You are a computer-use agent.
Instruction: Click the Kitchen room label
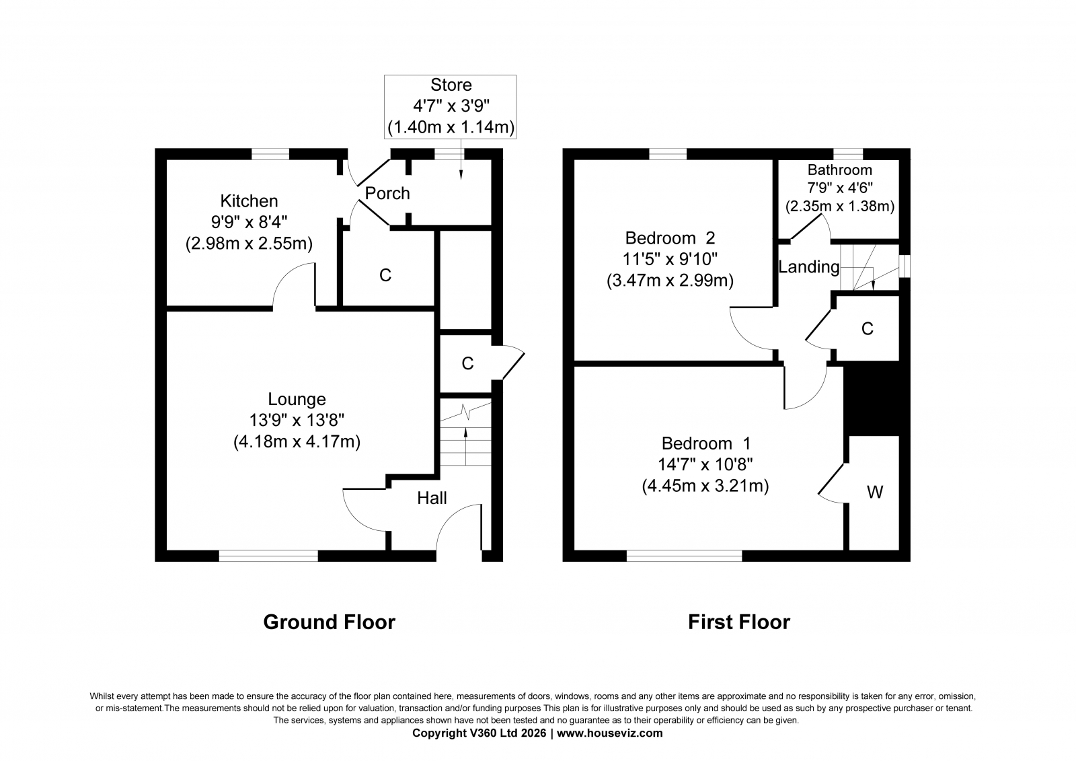249,201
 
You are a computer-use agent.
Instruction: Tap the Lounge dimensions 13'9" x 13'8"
297,421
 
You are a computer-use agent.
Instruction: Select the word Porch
387,193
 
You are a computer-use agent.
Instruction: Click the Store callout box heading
451,85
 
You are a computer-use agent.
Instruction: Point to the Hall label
432,498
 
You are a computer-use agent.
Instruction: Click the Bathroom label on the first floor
840,170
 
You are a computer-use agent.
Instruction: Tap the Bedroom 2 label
670,238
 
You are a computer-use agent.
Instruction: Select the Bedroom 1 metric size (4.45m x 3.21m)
705,486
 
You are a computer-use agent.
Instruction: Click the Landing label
809,267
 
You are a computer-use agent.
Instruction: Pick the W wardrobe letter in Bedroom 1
875,492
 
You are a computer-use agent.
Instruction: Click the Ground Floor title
329,622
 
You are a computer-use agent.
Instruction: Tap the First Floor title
739,622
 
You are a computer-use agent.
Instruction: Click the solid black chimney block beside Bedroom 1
872,400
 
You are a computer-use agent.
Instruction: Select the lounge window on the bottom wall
268,556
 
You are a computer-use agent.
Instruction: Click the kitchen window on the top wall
270,154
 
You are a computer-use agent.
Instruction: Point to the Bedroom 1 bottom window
684,556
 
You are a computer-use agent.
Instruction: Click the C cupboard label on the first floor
867,329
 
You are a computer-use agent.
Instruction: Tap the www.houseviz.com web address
609,733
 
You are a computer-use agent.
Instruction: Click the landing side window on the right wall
905,266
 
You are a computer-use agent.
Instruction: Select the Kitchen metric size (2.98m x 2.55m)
249,244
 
